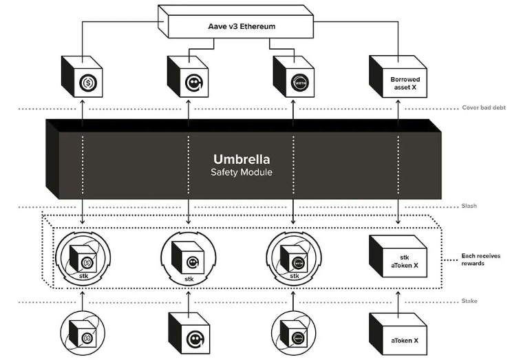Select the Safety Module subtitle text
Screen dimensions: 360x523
(x=241, y=172)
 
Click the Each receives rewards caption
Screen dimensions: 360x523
(x=481, y=260)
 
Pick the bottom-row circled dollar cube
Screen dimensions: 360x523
(x=83, y=333)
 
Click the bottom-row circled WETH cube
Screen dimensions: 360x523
(x=294, y=333)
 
